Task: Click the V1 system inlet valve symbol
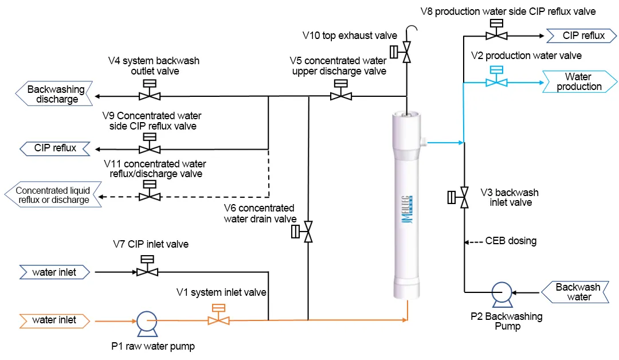(218, 319)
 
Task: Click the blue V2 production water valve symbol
(496, 81)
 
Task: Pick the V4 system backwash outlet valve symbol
(150, 95)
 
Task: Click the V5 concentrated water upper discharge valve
(340, 95)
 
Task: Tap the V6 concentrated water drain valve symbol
(308, 232)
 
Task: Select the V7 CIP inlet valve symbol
(147, 271)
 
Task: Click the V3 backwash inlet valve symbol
(463, 198)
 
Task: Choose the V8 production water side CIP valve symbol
(496, 35)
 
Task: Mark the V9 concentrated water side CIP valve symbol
(150, 148)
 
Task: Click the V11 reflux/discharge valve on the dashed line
(150, 195)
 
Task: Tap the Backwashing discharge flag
(54, 94)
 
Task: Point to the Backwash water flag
(578, 292)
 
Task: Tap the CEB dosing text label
(511, 241)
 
